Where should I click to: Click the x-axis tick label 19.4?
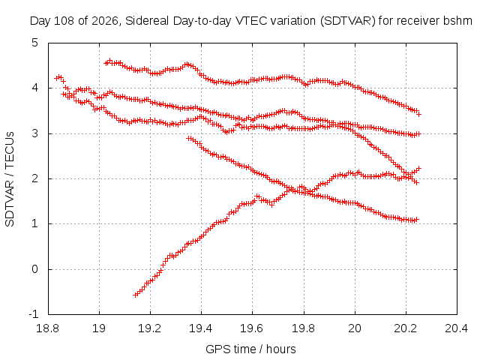click(x=201, y=328)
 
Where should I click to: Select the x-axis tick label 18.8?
click(x=47, y=328)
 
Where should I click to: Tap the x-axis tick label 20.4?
click(x=457, y=328)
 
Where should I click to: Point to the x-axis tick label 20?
click(x=355, y=328)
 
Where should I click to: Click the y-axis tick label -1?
click(x=34, y=314)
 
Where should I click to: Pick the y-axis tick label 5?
click(x=35, y=43)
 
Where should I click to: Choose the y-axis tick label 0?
click(x=35, y=269)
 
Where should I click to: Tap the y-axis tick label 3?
click(x=35, y=133)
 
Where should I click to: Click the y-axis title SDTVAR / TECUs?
click(x=10, y=179)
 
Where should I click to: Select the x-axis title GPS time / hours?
click(x=250, y=349)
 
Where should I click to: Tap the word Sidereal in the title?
click(x=147, y=21)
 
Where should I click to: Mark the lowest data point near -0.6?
click(x=135, y=295)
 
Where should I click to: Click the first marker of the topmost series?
click(x=106, y=63)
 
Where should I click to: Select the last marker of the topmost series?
click(x=419, y=114)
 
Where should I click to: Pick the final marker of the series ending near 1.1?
click(x=416, y=220)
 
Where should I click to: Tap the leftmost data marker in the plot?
click(x=56, y=78)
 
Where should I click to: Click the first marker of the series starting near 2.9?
click(x=188, y=138)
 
